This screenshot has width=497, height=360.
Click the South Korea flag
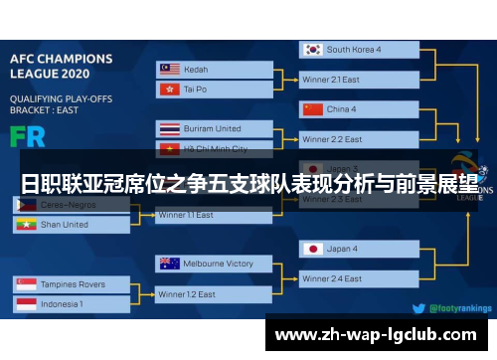click(x=313, y=49)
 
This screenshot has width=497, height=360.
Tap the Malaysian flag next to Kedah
click(x=168, y=69)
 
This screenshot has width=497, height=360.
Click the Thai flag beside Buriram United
click(x=168, y=128)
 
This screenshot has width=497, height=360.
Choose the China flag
click(x=313, y=108)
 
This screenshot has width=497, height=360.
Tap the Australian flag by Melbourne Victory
click(x=168, y=264)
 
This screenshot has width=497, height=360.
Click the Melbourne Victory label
click(x=218, y=264)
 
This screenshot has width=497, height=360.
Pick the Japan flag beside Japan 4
click(x=313, y=249)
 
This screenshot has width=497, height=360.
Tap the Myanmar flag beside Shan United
click(x=27, y=225)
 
